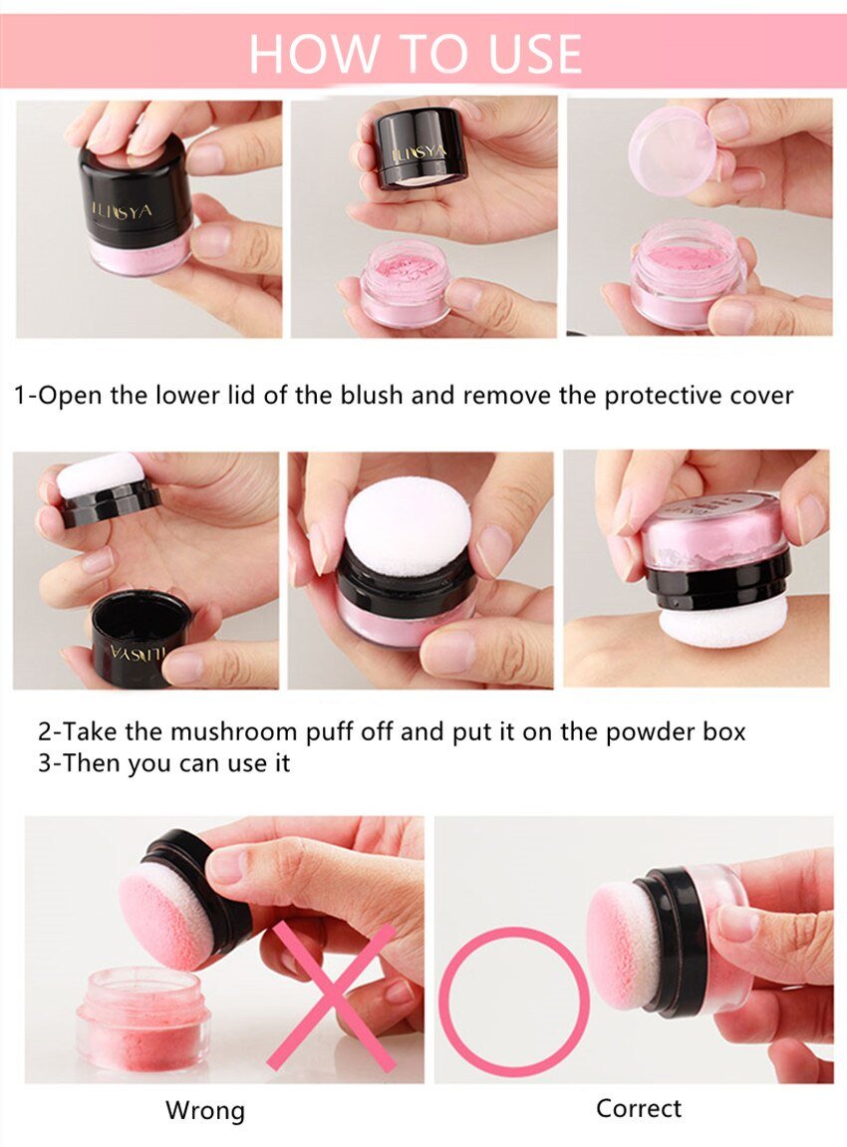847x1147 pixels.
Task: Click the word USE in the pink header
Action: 535,54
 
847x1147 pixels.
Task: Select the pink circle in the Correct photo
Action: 513,1002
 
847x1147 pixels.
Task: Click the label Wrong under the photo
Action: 205,1110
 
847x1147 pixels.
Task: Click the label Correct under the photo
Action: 639,1108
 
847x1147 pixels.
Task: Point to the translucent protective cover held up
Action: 672,150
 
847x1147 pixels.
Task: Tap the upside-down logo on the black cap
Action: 138,651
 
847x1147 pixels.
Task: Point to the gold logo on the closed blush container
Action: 123,210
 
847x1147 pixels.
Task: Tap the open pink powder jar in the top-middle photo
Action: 406,284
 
